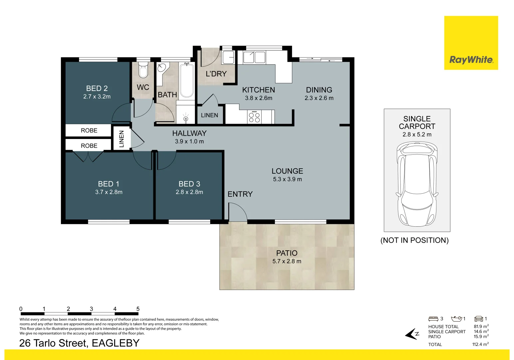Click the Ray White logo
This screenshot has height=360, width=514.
(471, 60)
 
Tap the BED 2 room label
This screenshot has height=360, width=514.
(97, 88)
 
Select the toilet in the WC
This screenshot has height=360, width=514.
(143, 70)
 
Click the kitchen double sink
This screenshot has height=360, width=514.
(254, 57)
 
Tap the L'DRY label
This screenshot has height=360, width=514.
(216, 74)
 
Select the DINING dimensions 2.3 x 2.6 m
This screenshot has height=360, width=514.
(319, 98)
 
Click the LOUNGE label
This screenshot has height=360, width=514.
(287, 171)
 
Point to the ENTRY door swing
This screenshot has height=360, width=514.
(238, 212)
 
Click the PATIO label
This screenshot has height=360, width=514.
(286, 253)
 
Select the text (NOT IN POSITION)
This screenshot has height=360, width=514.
(414, 240)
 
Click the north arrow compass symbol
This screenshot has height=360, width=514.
(412, 334)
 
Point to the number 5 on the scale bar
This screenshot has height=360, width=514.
(138, 309)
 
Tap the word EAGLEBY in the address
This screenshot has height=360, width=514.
(115, 343)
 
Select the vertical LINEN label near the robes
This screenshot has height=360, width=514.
(122, 139)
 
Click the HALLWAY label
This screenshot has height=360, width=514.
(189, 133)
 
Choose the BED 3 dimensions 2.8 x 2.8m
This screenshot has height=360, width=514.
(189, 192)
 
